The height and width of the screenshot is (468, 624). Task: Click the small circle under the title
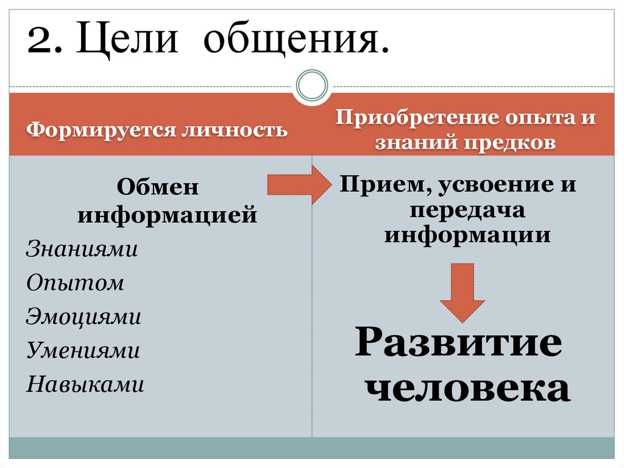pos(311,85)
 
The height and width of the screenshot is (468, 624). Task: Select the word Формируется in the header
pos(98,129)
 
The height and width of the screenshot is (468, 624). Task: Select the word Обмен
pos(158,187)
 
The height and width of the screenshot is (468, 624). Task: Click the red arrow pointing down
pos(462,292)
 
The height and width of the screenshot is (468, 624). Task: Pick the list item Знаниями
pos(82,250)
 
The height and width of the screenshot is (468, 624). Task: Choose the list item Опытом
pos(75,283)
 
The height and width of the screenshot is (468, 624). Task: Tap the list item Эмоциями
pos(83,317)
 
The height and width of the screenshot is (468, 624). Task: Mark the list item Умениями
pos(83,350)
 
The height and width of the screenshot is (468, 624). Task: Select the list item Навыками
pos(85,384)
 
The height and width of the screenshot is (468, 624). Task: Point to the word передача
pos(467,210)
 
